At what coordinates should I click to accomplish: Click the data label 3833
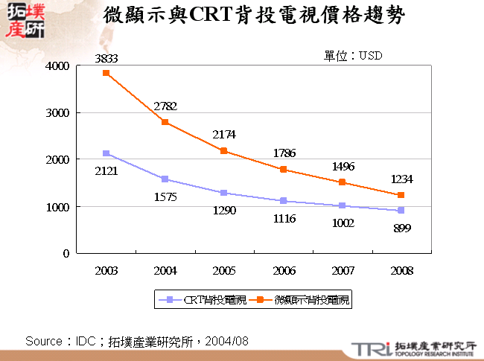tap(106, 58)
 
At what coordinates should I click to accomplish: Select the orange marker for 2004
tap(165, 122)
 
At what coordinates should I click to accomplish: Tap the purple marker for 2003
tap(106, 153)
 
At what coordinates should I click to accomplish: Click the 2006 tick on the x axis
tap(283, 270)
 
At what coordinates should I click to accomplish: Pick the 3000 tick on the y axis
tap(60, 112)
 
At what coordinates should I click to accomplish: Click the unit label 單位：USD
tap(352, 56)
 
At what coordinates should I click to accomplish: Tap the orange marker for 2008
tap(401, 195)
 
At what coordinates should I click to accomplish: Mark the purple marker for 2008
tap(401, 211)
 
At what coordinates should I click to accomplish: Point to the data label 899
tap(402, 228)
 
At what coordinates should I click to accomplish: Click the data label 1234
tap(402, 179)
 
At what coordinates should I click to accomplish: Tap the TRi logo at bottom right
tap(369, 348)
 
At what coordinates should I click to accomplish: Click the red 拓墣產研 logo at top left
tap(24, 22)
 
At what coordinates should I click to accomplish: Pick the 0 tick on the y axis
tap(66, 253)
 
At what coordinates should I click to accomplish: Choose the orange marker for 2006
tap(284, 169)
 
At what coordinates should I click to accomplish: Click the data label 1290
tap(224, 211)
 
